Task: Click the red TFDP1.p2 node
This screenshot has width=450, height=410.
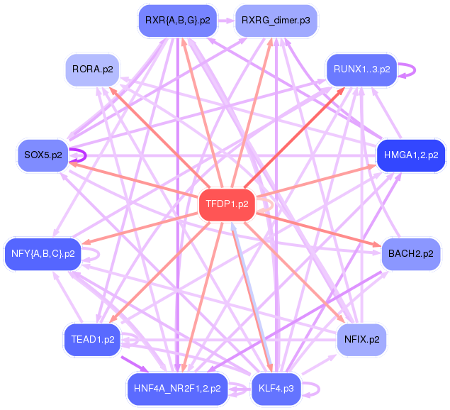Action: coord(227,204)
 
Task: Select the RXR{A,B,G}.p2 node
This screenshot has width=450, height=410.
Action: coord(177,21)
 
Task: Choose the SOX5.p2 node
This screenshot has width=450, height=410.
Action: coord(43,155)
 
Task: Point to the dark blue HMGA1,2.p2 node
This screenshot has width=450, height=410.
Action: coord(410,155)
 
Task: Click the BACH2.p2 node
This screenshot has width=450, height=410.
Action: coord(410,254)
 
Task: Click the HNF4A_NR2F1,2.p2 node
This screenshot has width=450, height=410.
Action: coord(177,388)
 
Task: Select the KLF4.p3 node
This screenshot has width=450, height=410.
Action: coord(277,388)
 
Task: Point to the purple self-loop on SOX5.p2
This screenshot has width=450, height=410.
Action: coord(84,155)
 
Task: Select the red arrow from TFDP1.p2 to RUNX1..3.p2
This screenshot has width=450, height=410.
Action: coord(305,128)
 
